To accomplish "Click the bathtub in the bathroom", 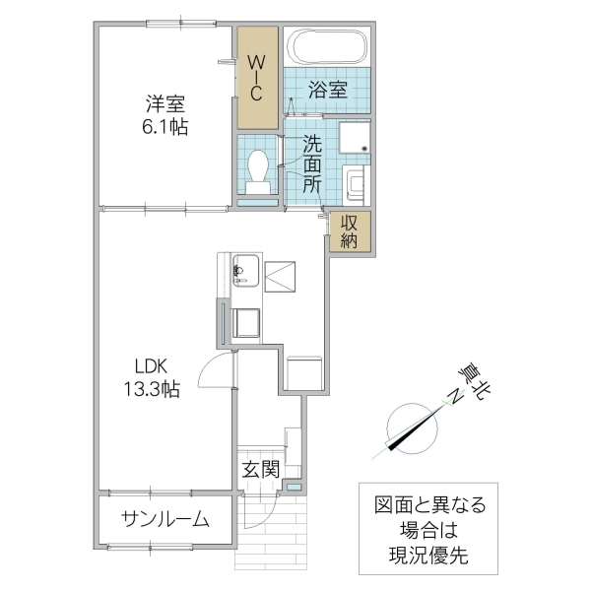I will coord(327,47).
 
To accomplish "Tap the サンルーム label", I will coord(165,519).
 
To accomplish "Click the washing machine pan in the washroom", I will coord(355,139).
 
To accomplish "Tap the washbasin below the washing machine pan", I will coord(355,181).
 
